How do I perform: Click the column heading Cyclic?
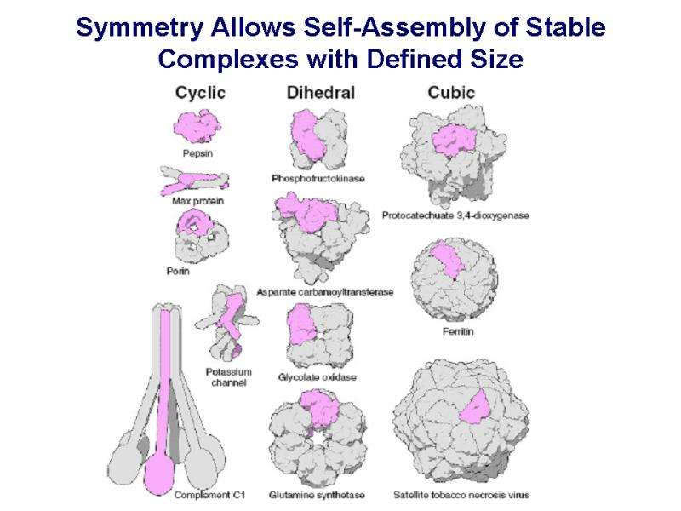(199, 92)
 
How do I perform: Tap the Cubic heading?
(451, 92)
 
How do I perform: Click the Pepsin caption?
(197, 153)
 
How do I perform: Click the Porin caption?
(178, 272)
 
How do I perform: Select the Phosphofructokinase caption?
(318, 178)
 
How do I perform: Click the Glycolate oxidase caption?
(317, 376)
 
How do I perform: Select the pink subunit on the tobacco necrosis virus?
(478, 407)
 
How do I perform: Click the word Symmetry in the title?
(135, 29)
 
